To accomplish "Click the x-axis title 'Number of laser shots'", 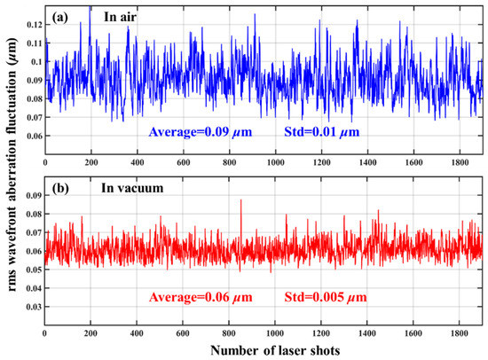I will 264,349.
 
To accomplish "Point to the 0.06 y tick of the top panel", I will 33,136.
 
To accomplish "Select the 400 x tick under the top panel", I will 138,163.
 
